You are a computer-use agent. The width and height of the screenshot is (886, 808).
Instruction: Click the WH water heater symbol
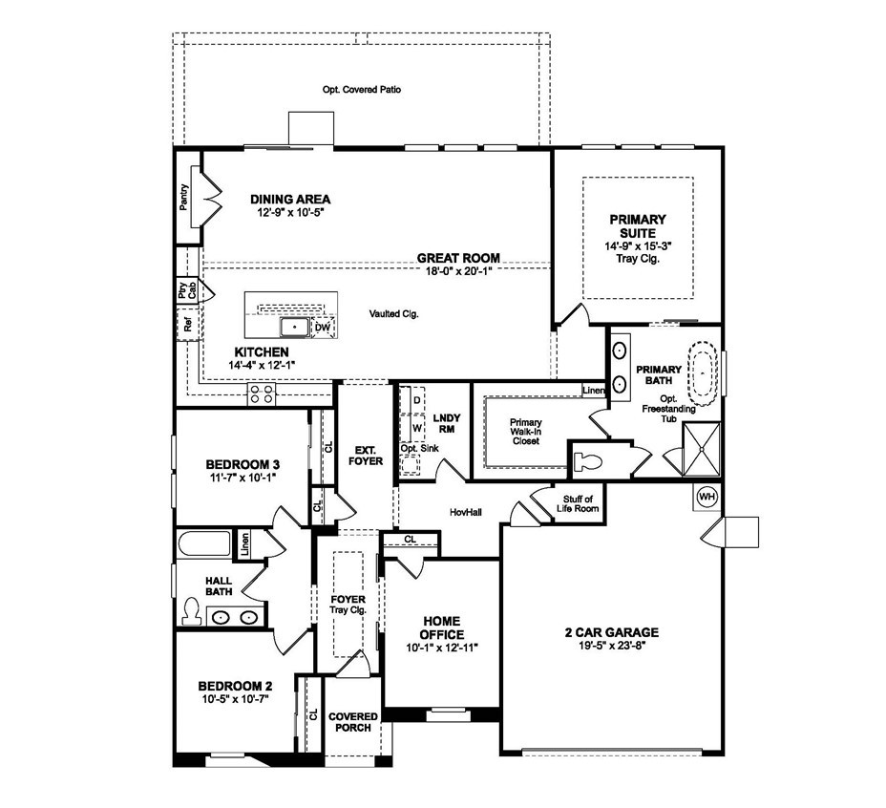(x=707, y=497)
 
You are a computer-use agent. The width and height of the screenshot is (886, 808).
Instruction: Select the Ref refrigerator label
(x=188, y=325)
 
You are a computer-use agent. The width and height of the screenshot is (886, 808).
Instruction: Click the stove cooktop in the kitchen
(x=262, y=393)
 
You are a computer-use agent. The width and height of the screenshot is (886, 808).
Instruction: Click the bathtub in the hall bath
(x=204, y=544)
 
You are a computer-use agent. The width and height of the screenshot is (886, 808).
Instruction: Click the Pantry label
(x=184, y=198)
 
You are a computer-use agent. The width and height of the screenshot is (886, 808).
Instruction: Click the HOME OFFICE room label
(x=442, y=628)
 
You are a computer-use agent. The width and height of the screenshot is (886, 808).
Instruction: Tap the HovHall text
(x=466, y=513)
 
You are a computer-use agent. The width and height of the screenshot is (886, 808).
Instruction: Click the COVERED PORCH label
(x=352, y=721)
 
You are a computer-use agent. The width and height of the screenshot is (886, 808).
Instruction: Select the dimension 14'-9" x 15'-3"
(x=639, y=245)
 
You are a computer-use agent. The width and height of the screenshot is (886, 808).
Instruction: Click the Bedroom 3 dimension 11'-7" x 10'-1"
(x=243, y=478)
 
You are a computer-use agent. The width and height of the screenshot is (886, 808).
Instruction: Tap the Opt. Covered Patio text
(x=361, y=90)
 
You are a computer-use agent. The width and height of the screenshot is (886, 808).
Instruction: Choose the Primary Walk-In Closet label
(x=525, y=431)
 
